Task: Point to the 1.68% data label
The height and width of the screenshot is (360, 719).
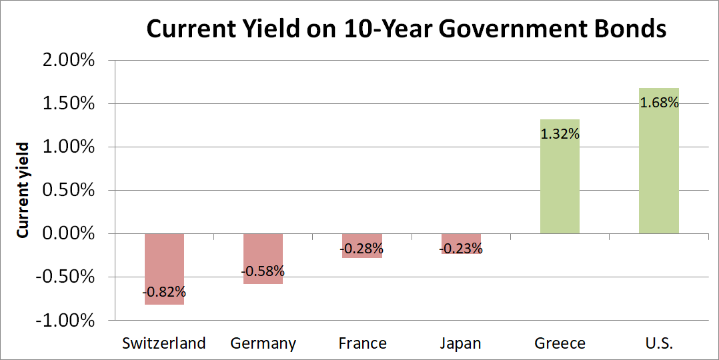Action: point(659,103)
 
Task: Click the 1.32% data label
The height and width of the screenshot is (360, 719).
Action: point(560,134)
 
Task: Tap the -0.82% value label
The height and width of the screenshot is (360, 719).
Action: point(164,292)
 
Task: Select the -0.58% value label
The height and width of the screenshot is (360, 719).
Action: point(263,271)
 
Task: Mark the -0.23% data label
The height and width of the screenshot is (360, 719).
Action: point(460,249)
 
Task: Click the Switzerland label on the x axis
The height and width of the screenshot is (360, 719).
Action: point(164,343)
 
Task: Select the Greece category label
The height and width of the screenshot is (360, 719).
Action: point(560,343)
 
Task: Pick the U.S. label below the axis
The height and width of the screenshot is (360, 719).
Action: point(659,343)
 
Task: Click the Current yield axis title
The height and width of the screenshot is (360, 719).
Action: point(23,190)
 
